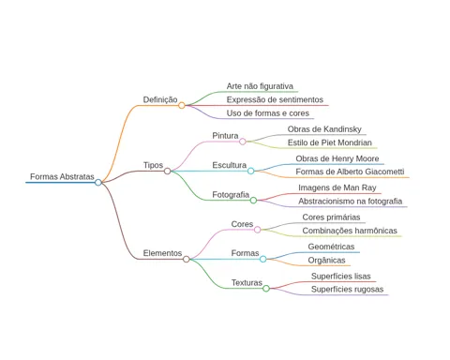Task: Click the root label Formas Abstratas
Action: (x=62, y=176)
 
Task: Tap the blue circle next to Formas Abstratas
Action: (x=98, y=182)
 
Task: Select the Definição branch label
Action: (x=160, y=99)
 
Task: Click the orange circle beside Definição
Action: (x=182, y=106)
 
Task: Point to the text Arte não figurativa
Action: (x=260, y=86)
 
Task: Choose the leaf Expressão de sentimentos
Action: (x=275, y=99)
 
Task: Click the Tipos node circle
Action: (x=167, y=171)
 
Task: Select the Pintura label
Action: (x=225, y=136)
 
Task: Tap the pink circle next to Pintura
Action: (x=243, y=142)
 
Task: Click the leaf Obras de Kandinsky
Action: (x=324, y=129)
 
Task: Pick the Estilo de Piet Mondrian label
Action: (x=330, y=142)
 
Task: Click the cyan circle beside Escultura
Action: (x=250, y=171)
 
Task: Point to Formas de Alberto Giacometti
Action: (x=350, y=172)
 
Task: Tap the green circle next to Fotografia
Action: (x=253, y=201)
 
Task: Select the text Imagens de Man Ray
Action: (x=337, y=187)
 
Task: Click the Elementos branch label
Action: (x=162, y=253)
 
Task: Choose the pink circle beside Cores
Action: (x=257, y=230)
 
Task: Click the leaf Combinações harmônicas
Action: (x=350, y=231)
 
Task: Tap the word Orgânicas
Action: (x=326, y=261)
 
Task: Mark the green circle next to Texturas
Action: (x=266, y=289)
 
